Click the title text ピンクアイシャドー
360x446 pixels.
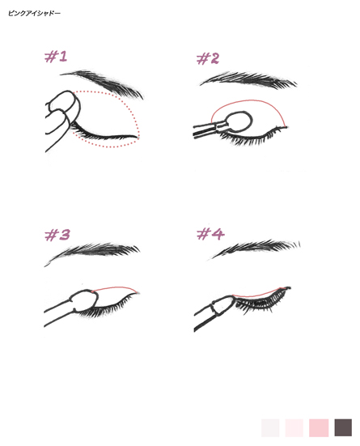(34, 13)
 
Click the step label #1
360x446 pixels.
(56, 57)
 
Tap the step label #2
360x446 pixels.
(208, 58)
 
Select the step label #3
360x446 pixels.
(57, 235)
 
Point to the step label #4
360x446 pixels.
(210, 234)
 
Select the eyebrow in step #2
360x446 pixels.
(248, 79)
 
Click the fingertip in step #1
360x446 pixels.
(63, 103)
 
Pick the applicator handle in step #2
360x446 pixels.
(209, 130)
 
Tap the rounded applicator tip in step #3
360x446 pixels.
(84, 300)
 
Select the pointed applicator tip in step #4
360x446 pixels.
(224, 305)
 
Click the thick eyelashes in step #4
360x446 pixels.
(260, 300)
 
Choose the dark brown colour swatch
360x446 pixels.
(343, 427)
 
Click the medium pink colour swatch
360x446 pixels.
(319, 427)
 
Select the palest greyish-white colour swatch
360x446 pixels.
(270, 427)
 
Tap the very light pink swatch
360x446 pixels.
(294, 427)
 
